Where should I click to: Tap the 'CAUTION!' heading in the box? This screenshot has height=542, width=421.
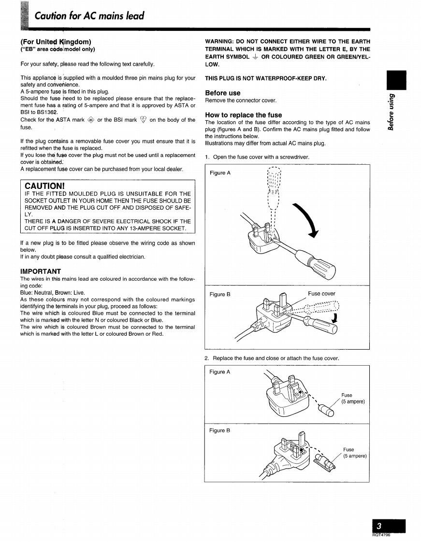[x=44, y=186]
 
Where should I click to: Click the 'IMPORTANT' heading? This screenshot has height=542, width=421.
[x=41, y=271]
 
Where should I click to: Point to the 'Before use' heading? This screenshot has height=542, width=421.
[x=222, y=93]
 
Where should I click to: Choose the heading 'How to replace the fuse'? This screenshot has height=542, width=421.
[x=243, y=115]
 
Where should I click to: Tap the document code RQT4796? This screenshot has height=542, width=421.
[x=381, y=535]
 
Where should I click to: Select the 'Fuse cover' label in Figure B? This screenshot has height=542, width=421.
[x=321, y=293]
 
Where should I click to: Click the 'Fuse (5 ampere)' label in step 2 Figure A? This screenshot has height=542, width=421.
[x=352, y=398]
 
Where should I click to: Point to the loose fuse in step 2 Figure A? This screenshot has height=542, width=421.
[x=326, y=411]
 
